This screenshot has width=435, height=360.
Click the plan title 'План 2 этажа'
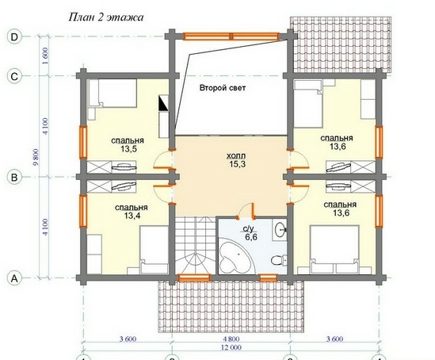point(106,17)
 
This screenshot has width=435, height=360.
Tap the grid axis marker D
point(14,36)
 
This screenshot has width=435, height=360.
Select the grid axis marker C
point(14,76)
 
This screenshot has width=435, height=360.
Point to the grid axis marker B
point(14,177)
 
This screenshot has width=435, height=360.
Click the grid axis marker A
point(14,278)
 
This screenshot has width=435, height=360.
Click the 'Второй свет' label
point(223,88)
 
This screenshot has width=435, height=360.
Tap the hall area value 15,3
point(237,164)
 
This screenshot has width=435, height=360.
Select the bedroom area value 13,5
point(128,149)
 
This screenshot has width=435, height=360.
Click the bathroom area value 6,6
point(251,237)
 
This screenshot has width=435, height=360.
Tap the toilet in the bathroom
point(279,260)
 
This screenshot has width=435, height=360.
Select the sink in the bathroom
point(280,229)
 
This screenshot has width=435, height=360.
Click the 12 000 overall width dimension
point(231,347)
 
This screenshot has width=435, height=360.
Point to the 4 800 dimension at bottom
point(231,339)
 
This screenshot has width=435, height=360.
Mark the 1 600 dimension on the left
point(45,56)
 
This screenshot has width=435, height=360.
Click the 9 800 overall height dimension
point(36,157)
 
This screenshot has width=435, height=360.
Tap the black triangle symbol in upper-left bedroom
point(163,105)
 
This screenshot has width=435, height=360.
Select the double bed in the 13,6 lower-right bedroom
point(334,249)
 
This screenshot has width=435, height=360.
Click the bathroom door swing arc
point(243,207)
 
